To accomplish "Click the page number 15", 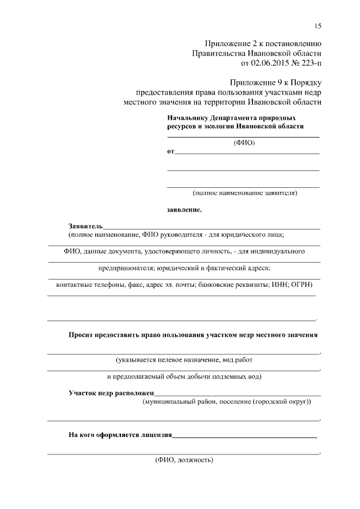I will pyautogui.click(x=318, y=26).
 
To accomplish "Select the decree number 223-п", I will pyautogui.click(x=310, y=62).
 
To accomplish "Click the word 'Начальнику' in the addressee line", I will pyautogui.click(x=188, y=118).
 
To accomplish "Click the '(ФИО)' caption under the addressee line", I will pyautogui.click(x=244, y=143).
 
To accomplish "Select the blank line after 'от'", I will pyautogui.click(x=247, y=152).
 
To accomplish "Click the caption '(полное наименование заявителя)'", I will pyautogui.click(x=244, y=193).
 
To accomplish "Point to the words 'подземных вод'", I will pyautogui.click(x=238, y=376).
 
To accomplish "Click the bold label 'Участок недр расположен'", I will pyautogui.click(x=111, y=393).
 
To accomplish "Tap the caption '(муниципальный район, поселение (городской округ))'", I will pyautogui.click(x=227, y=403).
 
